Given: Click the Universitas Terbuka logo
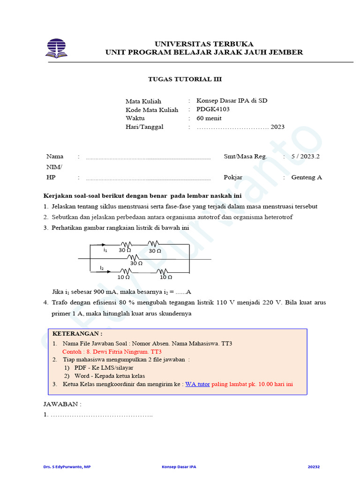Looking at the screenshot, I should [56, 48].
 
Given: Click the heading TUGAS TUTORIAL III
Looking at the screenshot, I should [185, 79].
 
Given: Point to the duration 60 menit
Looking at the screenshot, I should [209, 118].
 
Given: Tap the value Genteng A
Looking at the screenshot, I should [307, 177].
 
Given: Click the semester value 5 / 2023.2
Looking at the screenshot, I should [305, 157].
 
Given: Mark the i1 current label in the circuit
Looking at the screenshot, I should [105, 250].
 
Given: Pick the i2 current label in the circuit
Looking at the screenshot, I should [102, 268].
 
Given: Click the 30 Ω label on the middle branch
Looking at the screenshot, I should [136, 263].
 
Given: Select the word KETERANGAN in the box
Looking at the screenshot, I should [77, 334].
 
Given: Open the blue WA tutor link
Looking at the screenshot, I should [197, 384].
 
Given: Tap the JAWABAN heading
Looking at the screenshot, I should [62, 404].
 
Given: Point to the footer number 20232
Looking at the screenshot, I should [314, 467].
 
